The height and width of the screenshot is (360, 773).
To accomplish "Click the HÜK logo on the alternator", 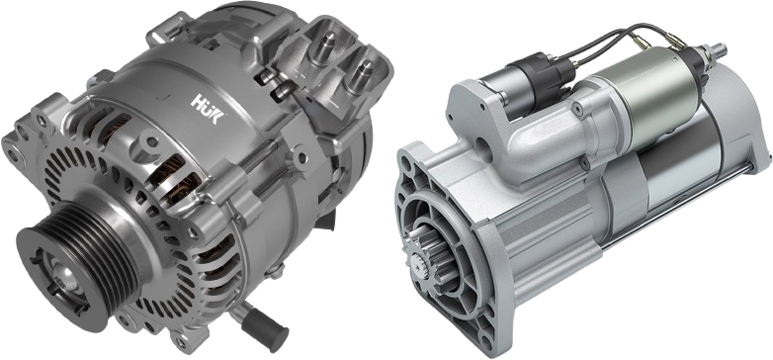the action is (208, 109).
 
